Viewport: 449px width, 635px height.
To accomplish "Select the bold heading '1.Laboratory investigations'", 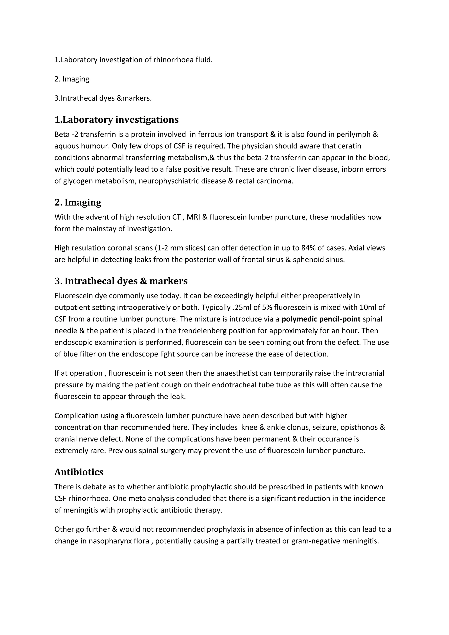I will click(116, 120).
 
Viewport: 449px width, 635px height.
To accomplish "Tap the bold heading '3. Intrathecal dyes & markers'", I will click(121, 281).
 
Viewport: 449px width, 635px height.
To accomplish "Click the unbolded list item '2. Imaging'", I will click(72, 79).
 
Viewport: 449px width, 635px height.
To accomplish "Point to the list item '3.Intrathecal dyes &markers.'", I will click(103, 98).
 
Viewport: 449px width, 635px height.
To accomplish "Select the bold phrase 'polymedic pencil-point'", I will click(321, 319).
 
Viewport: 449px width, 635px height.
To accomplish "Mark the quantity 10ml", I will click(368, 308).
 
